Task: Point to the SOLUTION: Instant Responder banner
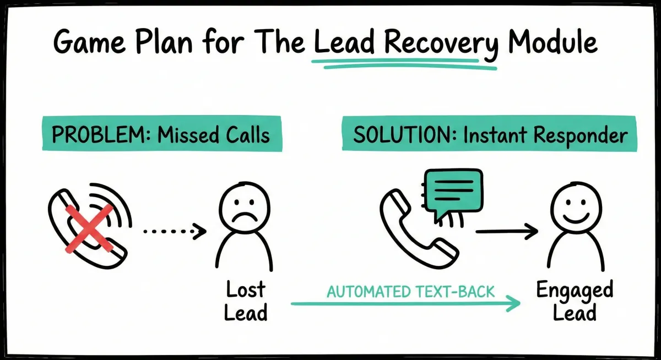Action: (489, 134)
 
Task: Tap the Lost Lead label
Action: (246, 301)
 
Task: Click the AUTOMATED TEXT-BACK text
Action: (410, 291)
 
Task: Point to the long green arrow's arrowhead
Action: (515, 303)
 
